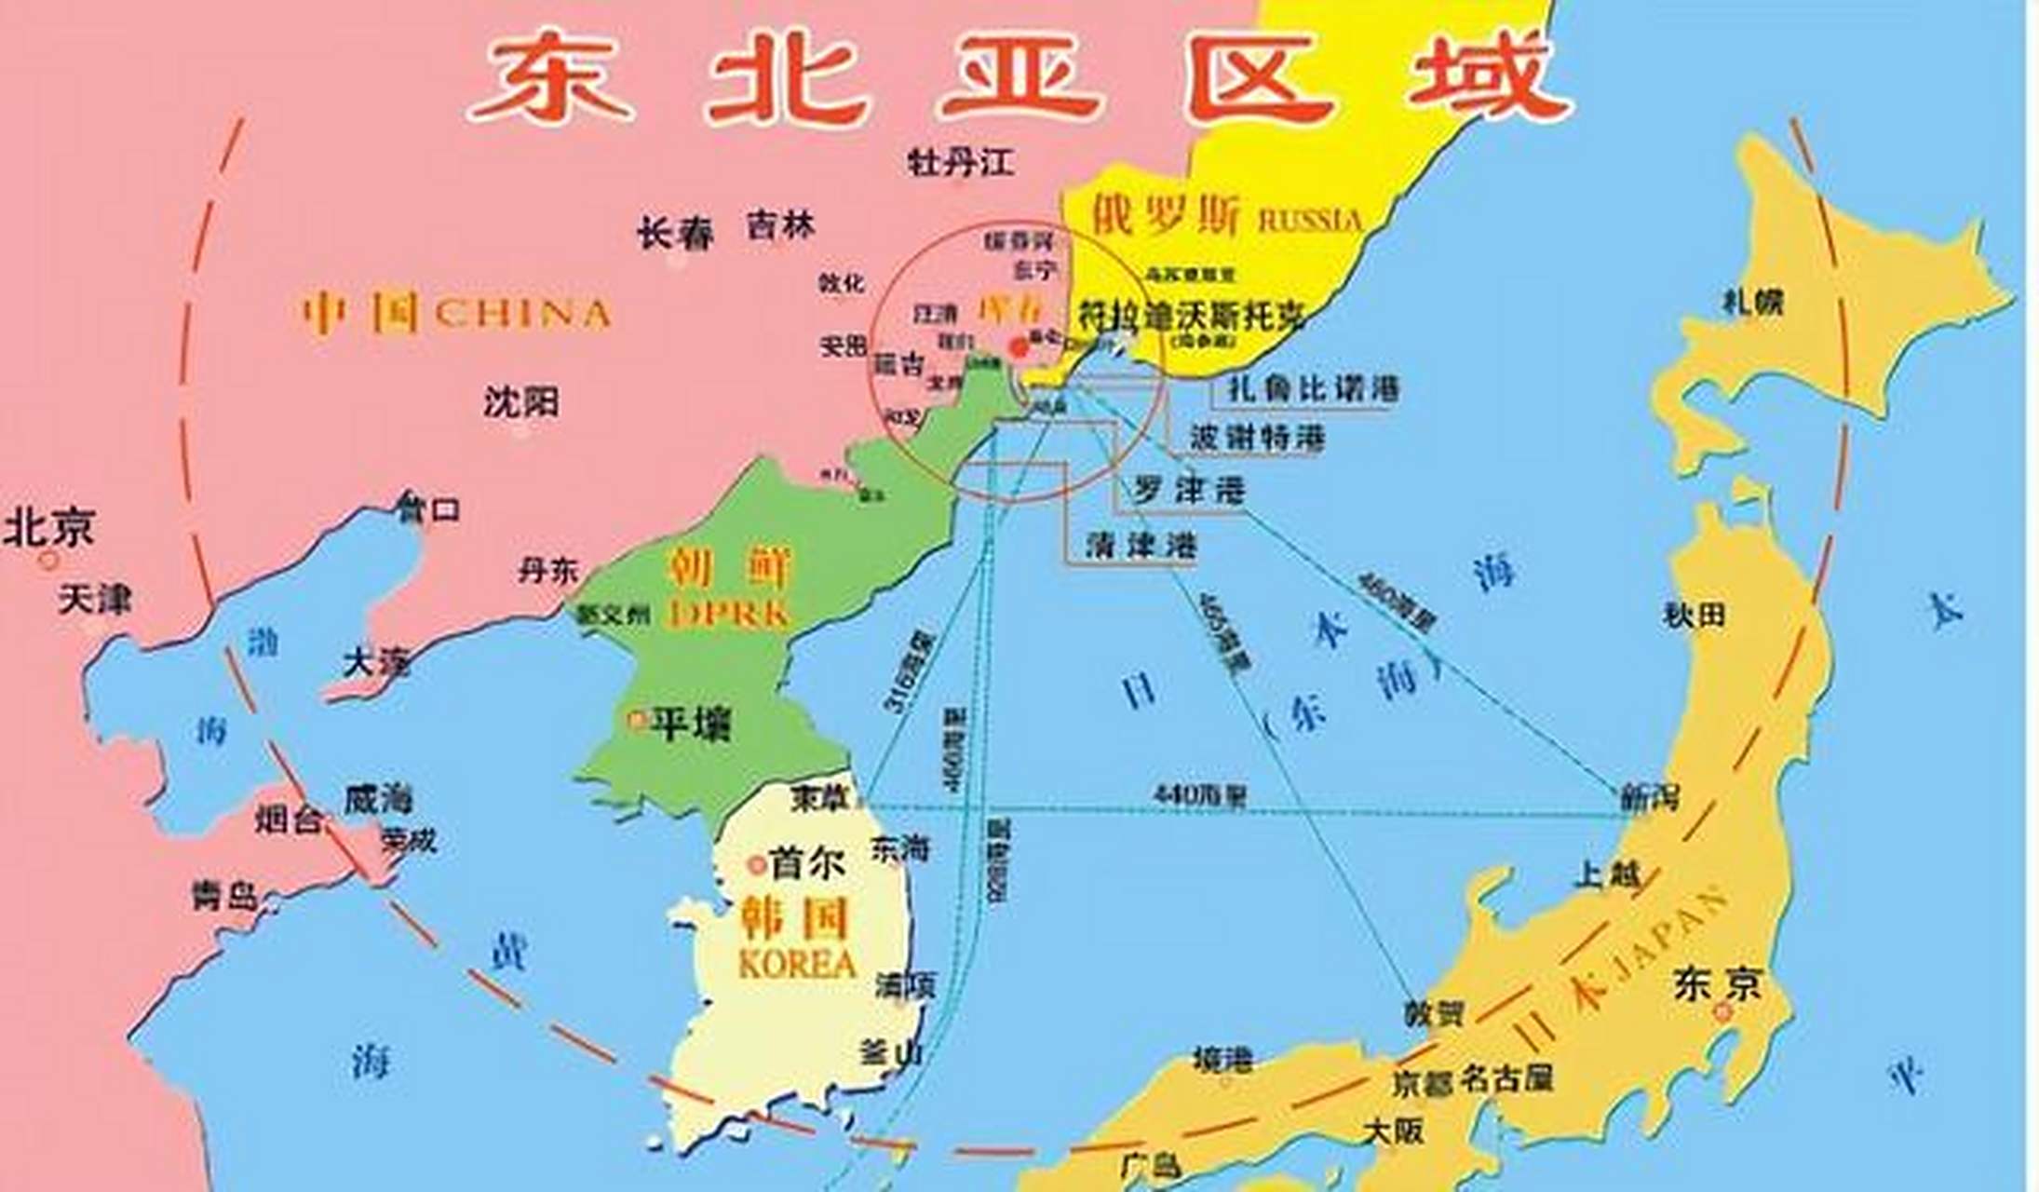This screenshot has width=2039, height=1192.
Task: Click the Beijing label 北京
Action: [49, 527]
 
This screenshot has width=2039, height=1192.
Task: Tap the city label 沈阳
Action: [521, 402]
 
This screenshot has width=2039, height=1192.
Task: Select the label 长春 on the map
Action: [675, 233]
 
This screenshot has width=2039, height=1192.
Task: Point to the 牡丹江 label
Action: [961, 163]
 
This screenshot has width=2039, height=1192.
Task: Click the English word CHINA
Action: [522, 314]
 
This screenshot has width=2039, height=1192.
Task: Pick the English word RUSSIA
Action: [1310, 221]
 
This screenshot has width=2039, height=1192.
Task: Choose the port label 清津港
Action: [1141, 545]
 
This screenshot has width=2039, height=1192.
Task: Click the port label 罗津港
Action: [1189, 490]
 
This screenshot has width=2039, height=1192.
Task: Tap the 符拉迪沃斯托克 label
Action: [1192, 317]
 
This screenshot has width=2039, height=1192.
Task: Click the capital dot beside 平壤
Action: [638, 720]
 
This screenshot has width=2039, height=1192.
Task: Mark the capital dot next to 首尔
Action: [757, 865]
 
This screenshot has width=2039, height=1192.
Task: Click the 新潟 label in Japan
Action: [1651, 797]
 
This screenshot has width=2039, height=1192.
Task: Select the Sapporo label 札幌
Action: [1752, 302]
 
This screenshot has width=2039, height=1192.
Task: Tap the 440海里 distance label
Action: [1200, 795]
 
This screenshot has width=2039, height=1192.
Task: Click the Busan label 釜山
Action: [891, 1053]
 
